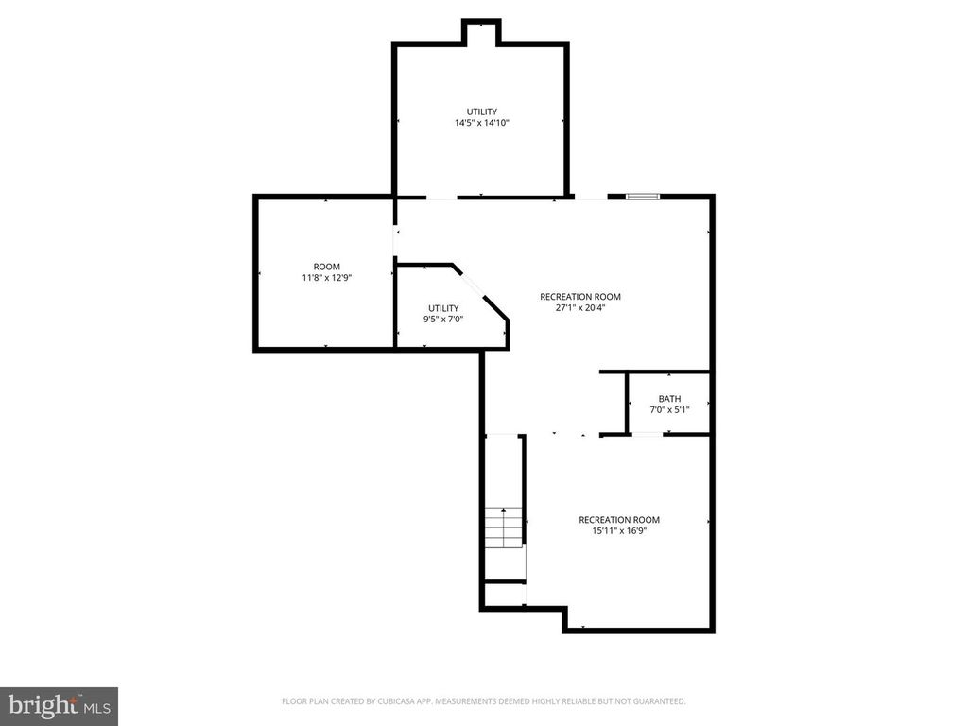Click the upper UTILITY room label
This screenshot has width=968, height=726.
481,112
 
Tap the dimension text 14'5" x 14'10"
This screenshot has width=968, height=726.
481,123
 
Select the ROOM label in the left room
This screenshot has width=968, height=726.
326,267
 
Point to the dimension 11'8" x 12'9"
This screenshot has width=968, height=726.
326,278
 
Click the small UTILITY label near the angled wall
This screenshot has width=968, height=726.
443,308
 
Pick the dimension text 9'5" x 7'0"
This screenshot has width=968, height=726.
443,320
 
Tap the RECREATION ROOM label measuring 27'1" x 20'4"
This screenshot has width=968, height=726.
580,297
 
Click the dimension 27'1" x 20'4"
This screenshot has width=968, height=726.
580,308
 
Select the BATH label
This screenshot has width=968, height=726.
669,399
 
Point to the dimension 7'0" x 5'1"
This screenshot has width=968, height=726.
669,410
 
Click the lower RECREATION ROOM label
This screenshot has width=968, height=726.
619,520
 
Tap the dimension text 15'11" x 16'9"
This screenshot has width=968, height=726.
619,531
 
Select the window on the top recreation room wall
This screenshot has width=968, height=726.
642,197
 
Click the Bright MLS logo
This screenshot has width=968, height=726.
59,704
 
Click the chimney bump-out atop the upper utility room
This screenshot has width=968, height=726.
481,31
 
